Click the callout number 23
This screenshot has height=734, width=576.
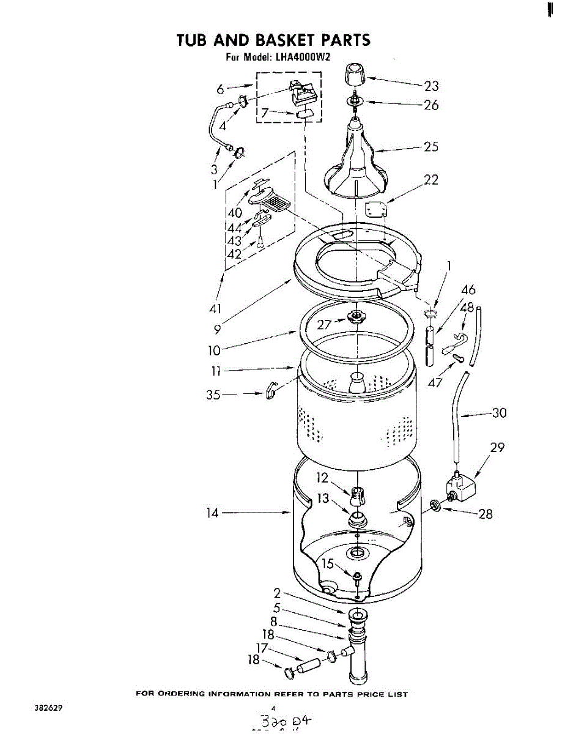pyautogui.click(x=432, y=86)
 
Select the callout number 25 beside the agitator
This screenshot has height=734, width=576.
pyautogui.click(x=431, y=147)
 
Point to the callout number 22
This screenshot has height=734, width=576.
pyautogui.click(x=431, y=180)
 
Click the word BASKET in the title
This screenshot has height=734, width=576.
pyautogui.click(x=287, y=40)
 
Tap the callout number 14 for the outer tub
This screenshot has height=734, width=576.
pyautogui.click(x=212, y=514)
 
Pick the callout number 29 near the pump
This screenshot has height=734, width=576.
pyautogui.click(x=497, y=448)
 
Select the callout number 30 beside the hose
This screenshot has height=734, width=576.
pyautogui.click(x=499, y=413)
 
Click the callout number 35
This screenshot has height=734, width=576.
pyautogui.click(x=213, y=395)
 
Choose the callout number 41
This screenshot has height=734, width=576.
pyautogui.click(x=215, y=308)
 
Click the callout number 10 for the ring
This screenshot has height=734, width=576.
pyautogui.click(x=215, y=350)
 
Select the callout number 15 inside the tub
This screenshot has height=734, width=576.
pyautogui.click(x=328, y=564)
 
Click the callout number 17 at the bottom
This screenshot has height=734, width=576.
pyautogui.click(x=262, y=648)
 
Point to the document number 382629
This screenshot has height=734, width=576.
pyautogui.click(x=48, y=708)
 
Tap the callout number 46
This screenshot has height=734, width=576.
pyautogui.click(x=468, y=289)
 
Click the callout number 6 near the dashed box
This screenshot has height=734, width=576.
pyautogui.click(x=220, y=89)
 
